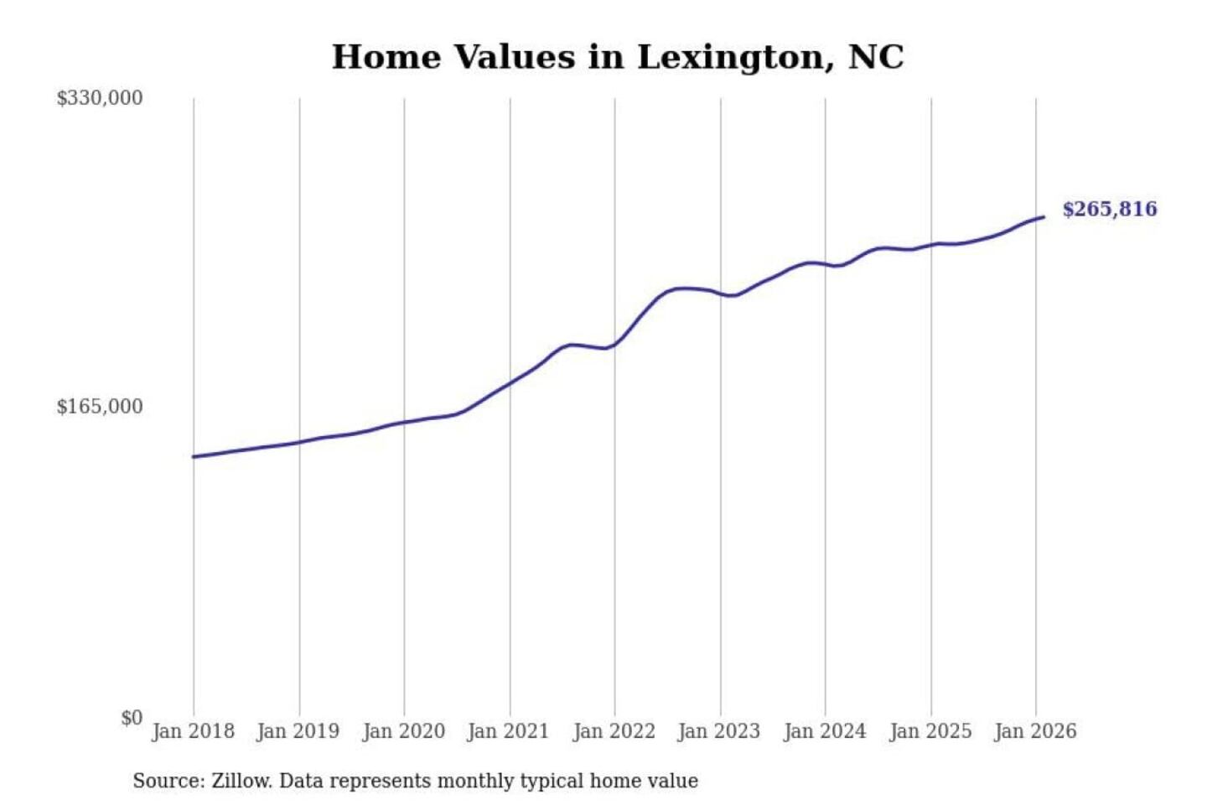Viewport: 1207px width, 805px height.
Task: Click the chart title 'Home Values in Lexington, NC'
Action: (x=618, y=57)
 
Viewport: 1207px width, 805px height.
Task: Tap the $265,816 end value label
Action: (x=1109, y=209)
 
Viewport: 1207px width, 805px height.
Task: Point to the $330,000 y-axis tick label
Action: (x=100, y=98)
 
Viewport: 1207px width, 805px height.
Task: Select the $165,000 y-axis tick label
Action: (x=100, y=407)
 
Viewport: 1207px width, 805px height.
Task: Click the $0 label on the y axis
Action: (x=132, y=718)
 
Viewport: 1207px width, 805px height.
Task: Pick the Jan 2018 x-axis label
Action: (x=193, y=731)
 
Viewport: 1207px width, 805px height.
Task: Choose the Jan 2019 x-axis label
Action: (x=298, y=731)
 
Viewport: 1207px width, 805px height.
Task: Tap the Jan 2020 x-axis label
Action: (x=403, y=731)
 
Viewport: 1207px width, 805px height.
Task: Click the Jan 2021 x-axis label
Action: (x=508, y=731)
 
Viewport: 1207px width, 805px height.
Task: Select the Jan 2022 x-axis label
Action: (x=614, y=731)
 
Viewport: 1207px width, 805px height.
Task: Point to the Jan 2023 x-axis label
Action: (x=718, y=731)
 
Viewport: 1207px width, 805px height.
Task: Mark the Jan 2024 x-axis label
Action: (x=824, y=731)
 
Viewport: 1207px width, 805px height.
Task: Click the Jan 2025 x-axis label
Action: (x=930, y=731)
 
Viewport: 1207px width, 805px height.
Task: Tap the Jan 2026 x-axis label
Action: (x=1034, y=731)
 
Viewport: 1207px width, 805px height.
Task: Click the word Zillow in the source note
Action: (x=241, y=782)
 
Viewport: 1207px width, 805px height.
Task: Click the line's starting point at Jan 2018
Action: (x=194, y=457)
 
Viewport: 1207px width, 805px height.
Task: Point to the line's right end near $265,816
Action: (x=1044, y=217)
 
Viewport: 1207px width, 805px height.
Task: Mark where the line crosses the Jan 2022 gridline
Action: (x=614, y=344)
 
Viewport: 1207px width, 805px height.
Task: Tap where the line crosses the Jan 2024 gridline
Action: (x=826, y=264)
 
